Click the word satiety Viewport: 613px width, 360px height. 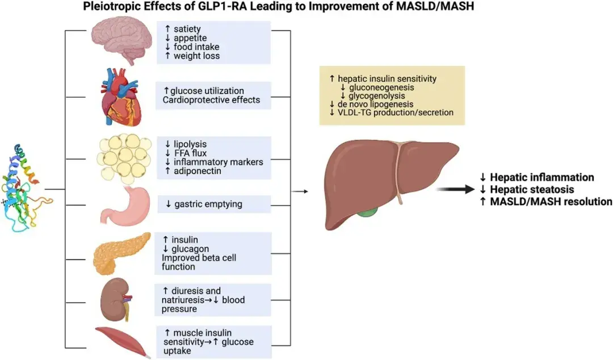coord(187,29)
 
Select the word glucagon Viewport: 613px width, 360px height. coord(190,249)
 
